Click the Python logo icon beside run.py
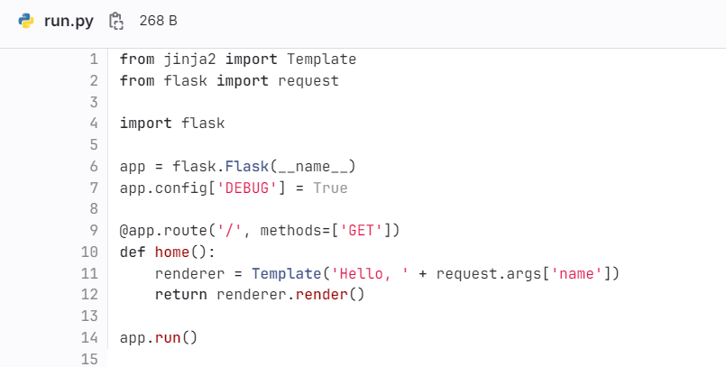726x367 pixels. tap(26, 21)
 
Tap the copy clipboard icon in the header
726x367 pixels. tap(115, 21)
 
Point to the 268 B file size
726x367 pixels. tap(158, 21)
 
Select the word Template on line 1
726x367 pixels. tap(322, 60)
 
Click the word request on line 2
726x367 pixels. tap(308, 81)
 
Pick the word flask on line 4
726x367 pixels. tap(203, 123)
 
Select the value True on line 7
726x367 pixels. tap(330, 188)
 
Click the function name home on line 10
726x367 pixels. tap(172, 252)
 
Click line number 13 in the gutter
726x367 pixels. tap(89, 317)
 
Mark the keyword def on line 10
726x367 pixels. tap(133, 252)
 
